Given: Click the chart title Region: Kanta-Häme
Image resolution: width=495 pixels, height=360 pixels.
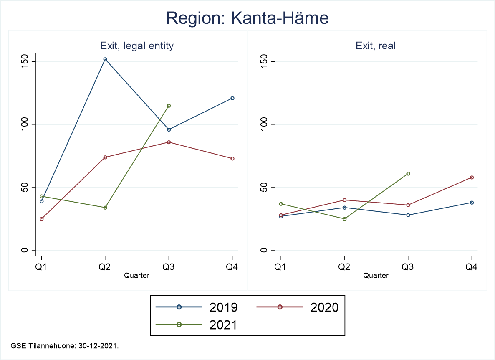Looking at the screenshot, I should (247, 18).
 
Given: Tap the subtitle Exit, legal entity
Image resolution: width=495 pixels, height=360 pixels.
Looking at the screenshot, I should (137, 46).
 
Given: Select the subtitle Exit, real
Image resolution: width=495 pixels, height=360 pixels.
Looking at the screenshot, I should (376, 46).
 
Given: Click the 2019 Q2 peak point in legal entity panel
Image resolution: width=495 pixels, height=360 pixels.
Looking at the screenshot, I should (105, 59).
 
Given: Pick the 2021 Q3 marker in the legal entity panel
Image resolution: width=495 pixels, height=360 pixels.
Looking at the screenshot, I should (169, 106).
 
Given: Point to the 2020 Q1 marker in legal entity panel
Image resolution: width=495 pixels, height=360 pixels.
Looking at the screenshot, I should (42, 219).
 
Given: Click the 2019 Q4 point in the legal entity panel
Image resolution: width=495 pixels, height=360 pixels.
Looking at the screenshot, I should (232, 98).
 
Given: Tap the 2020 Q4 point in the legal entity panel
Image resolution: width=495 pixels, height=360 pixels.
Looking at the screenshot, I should (232, 159).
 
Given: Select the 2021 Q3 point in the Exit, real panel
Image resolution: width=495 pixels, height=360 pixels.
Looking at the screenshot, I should (408, 174).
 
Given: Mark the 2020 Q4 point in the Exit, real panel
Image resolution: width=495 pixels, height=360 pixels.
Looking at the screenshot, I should (472, 177).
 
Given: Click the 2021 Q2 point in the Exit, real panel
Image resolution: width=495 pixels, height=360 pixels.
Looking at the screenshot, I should (345, 219).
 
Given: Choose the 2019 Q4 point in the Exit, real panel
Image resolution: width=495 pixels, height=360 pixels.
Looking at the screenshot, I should (472, 203).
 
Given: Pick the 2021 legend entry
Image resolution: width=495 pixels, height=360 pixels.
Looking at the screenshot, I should (196, 325).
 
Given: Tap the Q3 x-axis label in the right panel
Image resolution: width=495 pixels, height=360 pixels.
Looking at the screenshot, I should (408, 267).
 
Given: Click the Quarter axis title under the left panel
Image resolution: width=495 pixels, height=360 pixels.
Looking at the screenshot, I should (137, 276).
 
